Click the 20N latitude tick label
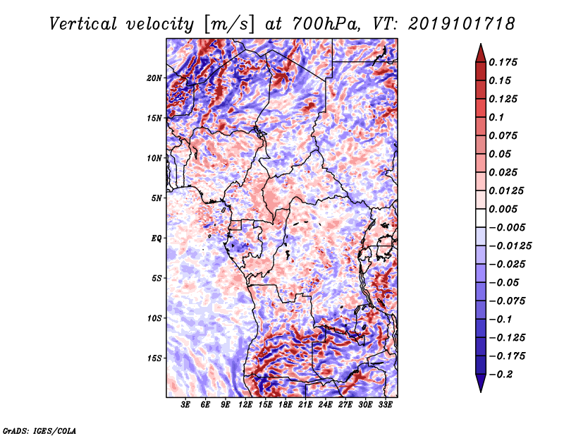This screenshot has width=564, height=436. [x=154, y=78]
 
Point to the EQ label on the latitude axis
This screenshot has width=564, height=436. [x=157, y=238]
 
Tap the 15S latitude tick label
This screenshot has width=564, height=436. [x=154, y=358]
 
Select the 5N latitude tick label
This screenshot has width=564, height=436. [x=157, y=198]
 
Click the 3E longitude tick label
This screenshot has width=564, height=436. [x=185, y=405]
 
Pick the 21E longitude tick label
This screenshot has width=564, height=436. [x=305, y=405]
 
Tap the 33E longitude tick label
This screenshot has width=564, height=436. [x=385, y=405]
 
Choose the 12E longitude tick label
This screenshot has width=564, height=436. [x=245, y=405]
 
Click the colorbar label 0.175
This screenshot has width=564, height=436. [x=503, y=62]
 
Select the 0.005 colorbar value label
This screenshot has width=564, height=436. [x=503, y=209]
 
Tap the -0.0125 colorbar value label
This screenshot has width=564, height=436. [x=510, y=246]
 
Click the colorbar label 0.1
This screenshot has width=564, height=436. [x=496, y=117]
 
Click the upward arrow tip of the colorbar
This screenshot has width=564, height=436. [x=481, y=44]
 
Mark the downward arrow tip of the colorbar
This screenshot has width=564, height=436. [x=481, y=392]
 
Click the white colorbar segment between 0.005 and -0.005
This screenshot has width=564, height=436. [x=481, y=218]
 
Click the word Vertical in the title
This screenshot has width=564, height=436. [x=83, y=24]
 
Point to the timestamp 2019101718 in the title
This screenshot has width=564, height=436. [x=462, y=24]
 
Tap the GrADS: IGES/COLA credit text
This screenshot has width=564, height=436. [x=39, y=430]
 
